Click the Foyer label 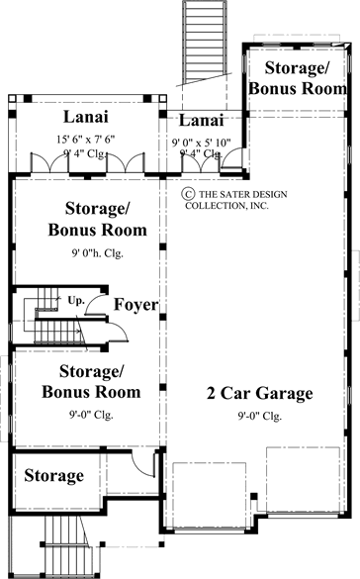135,305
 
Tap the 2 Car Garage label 260,394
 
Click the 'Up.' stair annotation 76,298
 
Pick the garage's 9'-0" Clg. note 260,416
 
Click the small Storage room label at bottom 53,476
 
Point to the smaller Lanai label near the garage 200,121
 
